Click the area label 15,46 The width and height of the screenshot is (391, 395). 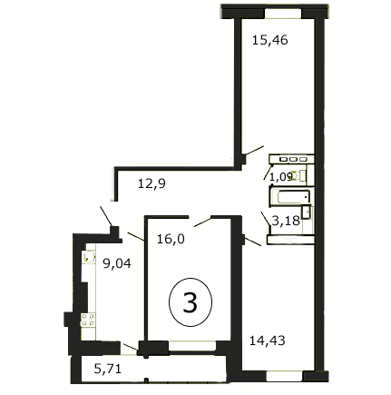point(270,40)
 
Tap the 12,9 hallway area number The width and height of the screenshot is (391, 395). point(152,183)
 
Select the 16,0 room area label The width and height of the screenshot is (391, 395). point(171,239)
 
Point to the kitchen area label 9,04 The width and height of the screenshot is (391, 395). point(117,263)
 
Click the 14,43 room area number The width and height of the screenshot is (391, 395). point(268,341)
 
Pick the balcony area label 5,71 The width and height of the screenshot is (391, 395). point(108,369)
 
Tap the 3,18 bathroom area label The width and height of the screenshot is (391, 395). point(286,221)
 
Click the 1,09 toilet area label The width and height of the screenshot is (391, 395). point(281,177)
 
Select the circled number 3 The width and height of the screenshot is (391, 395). point(191,302)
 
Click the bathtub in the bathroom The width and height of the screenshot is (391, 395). point(294,197)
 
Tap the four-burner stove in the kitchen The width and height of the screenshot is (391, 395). point(88,321)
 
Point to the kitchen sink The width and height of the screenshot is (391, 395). point(89,258)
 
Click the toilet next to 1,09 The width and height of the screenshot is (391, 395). point(298,175)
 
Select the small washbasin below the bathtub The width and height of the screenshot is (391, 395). point(307,212)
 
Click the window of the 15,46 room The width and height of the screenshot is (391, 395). point(283,14)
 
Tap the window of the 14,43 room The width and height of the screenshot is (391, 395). point(285,376)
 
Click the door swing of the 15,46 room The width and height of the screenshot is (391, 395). point(254,151)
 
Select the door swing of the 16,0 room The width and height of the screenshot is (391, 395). point(202,222)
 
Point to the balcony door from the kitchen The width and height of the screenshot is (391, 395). point(131,347)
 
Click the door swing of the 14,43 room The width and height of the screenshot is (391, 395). point(253,242)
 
